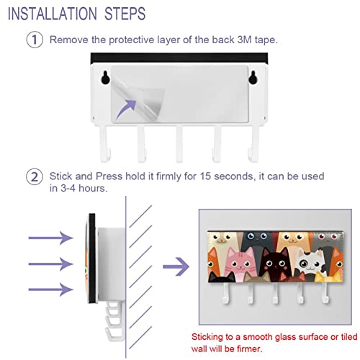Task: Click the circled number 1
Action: [x=35, y=40]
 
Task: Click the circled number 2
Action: [x=35, y=176]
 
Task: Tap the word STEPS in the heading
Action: [x=125, y=14]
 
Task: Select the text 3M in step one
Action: [x=244, y=40]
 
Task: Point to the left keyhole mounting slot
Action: [x=105, y=78]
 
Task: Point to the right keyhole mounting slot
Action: [x=253, y=78]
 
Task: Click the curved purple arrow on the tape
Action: [x=126, y=109]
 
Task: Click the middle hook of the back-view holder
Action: [x=179, y=144]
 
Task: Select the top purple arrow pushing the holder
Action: [x=50, y=238]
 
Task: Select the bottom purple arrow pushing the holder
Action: [x=50, y=289]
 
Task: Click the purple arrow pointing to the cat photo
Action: [x=176, y=266]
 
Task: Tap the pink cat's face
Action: [x=240, y=261]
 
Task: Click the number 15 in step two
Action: [x=205, y=176]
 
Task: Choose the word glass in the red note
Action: [x=285, y=338]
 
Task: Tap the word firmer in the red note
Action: [x=249, y=348]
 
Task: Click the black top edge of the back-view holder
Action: [x=179, y=58]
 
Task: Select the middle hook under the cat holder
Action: [x=276, y=293]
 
